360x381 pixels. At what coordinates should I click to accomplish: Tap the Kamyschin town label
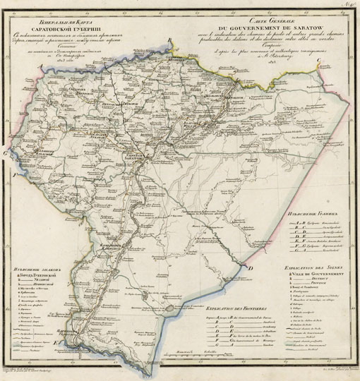tap(113, 246)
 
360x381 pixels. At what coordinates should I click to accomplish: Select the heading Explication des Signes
tap(311, 268)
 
